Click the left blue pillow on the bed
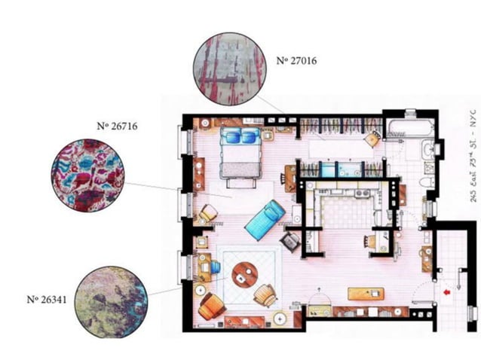coord(229,136)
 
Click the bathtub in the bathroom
coord(403,127)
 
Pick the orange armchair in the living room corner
coord(212,304)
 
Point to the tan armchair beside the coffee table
coord(265,294)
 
